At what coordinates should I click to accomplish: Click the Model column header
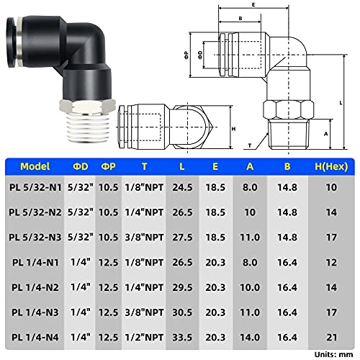click(x=35, y=166)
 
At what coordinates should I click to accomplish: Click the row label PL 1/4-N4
click(x=35, y=337)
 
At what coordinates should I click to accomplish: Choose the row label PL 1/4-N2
click(x=35, y=287)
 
